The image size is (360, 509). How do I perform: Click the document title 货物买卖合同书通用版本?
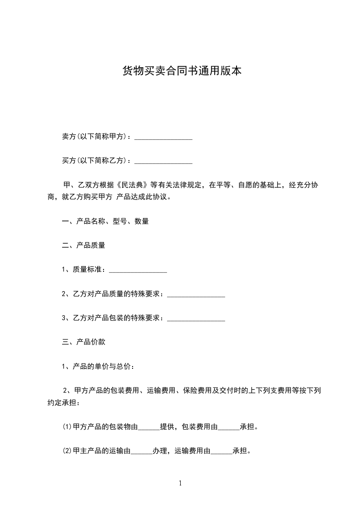click(180, 71)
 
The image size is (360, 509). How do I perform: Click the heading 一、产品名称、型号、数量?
click(105, 221)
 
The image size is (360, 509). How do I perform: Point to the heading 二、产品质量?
click(84, 245)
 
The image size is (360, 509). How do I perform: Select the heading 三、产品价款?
click(84, 342)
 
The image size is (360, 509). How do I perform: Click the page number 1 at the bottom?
click(180, 484)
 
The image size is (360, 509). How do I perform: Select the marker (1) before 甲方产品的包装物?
click(67, 427)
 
